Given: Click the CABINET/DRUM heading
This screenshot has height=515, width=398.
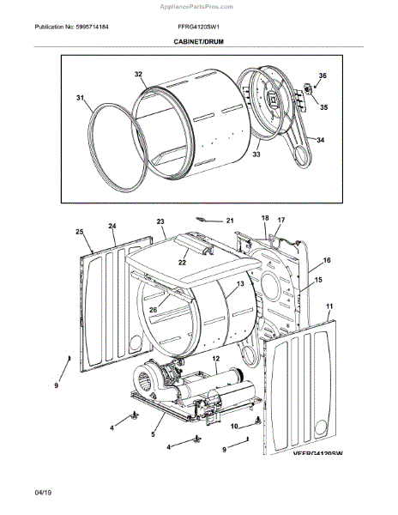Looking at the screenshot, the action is point(198,42).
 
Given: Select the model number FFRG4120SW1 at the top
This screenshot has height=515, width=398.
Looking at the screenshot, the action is point(198,27).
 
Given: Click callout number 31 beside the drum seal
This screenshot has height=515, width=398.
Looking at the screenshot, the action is point(81,98).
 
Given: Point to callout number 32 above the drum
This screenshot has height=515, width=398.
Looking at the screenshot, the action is point(138,74).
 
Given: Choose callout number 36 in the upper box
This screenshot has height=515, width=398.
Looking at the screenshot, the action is point(323,76).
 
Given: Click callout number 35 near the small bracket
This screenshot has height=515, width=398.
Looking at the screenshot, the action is point(324,107).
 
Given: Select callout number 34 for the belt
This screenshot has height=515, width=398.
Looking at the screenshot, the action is point(320,140).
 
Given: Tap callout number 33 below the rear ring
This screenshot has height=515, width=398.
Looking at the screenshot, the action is point(256,154).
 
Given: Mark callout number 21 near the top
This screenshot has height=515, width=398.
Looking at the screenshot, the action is point(230,221).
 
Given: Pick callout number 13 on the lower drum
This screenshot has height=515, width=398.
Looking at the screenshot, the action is point(240,283).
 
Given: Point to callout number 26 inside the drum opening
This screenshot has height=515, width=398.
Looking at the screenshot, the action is point(154,310).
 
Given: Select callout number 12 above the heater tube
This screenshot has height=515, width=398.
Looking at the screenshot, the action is point(215,359).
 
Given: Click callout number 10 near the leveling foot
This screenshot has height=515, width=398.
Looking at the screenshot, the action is point(234,427).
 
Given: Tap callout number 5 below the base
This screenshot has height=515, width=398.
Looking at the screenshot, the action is point(153,434).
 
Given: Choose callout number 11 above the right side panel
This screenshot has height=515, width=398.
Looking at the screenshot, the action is point(329,306).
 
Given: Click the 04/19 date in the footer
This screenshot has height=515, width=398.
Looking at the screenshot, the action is point(43,493).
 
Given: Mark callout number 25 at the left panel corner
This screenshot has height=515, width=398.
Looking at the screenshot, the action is point(80,232).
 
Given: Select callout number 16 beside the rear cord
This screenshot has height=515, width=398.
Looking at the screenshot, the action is point(327,260).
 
